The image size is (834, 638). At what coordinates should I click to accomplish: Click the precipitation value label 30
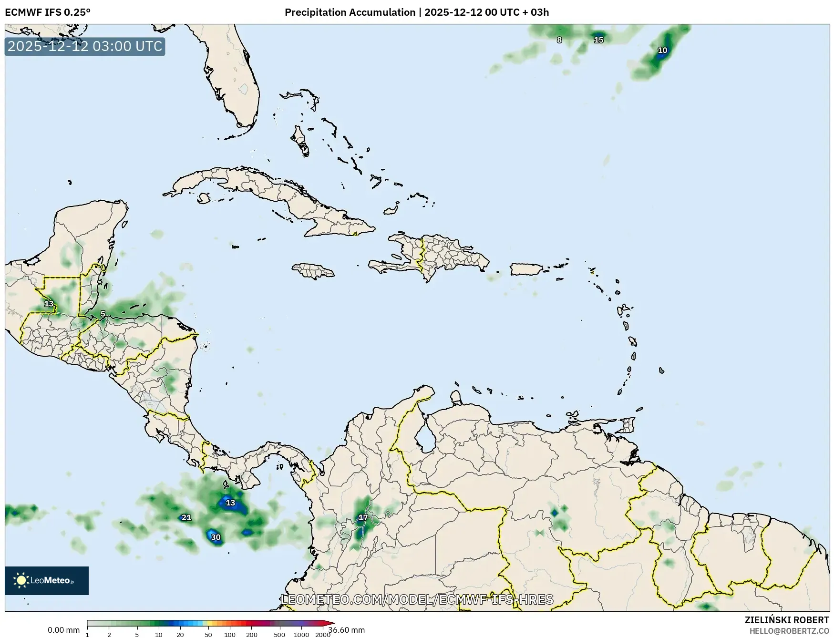click(x=216, y=537)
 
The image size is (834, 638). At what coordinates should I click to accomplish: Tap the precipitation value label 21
click(x=186, y=518)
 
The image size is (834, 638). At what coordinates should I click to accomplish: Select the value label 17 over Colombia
click(x=363, y=518)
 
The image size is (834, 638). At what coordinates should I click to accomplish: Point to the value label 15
click(x=598, y=40)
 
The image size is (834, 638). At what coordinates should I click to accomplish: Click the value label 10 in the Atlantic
click(x=662, y=51)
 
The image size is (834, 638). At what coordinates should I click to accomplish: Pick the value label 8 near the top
click(x=559, y=40)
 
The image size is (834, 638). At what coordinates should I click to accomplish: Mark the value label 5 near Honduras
click(x=103, y=314)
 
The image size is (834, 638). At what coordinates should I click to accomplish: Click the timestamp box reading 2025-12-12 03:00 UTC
click(x=85, y=47)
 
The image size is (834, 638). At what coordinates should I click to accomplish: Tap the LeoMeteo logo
click(x=47, y=580)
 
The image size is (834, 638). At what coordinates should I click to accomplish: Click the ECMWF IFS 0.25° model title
click(x=48, y=12)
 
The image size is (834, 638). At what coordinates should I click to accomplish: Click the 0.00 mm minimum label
click(x=63, y=630)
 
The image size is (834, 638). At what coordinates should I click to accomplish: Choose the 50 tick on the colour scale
click(x=208, y=635)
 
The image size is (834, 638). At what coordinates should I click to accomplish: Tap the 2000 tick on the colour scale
click(x=323, y=635)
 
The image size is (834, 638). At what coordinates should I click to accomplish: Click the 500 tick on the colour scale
click(x=279, y=635)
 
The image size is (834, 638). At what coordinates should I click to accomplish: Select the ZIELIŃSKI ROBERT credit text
click(x=786, y=620)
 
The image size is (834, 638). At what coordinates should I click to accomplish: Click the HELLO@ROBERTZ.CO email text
click(x=789, y=631)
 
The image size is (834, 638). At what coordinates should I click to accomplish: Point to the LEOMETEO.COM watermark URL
click(x=417, y=599)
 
